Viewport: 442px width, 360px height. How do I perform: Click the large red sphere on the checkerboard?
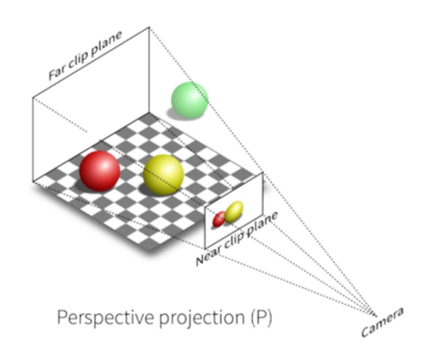tap(99, 171)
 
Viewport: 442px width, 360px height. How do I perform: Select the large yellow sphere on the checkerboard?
tap(163, 175)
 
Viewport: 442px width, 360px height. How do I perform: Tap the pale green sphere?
tap(190, 101)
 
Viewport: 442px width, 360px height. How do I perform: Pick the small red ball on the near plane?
tap(219, 219)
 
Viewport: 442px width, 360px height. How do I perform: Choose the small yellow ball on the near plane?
tap(234, 212)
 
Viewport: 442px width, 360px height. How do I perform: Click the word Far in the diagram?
tap(57, 73)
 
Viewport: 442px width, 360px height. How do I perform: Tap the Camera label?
tap(382, 322)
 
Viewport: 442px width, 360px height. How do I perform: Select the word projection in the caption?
tap(202, 318)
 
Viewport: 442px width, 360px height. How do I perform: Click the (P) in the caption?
tap(260, 318)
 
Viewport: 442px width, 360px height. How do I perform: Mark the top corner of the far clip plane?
tap(149, 27)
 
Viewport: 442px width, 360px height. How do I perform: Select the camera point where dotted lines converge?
tap(375, 312)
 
